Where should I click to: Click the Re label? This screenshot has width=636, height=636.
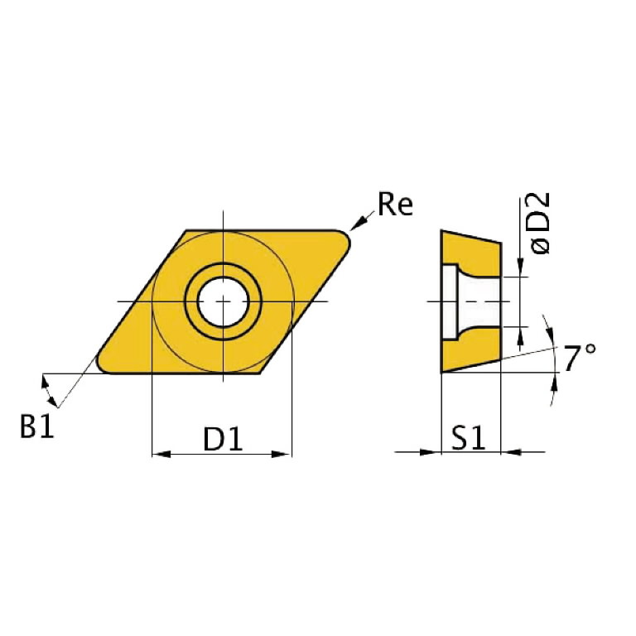(x=394, y=204)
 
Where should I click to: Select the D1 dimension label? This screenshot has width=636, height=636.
(x=223, y=440)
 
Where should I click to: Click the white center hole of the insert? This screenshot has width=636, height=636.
(x=223, y=301)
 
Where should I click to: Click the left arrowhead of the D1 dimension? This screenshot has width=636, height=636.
(x=160, y=454)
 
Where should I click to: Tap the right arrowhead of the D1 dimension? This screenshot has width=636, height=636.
(x=284, y=454)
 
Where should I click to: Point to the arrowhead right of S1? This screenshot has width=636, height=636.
(x=511, y=452)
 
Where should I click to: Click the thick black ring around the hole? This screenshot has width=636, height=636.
(x=223, y=268)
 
